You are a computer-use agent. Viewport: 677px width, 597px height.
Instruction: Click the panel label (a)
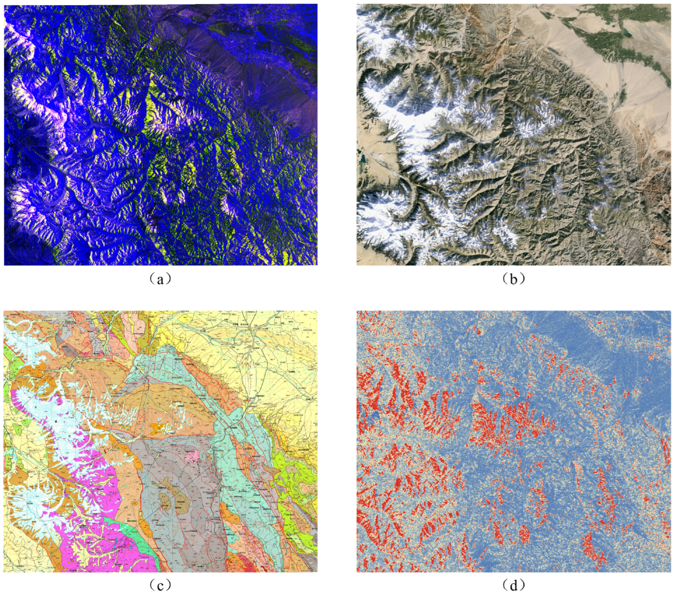160,279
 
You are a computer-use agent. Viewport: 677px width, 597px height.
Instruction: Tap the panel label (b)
513,279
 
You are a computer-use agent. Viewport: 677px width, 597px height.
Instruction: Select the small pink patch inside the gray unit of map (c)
191,457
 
